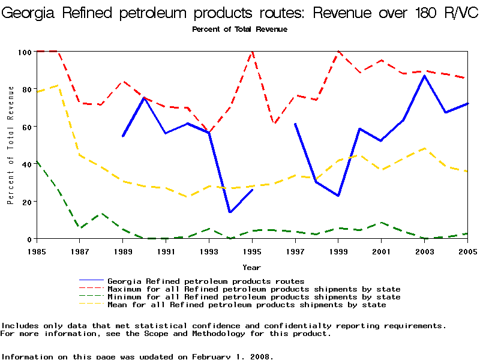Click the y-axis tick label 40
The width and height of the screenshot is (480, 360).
pyautogui.click(x=26, y=164)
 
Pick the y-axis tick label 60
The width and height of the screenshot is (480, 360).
pyautogui.click(x=26, y=127)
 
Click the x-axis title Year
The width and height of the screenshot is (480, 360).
pyautogui.click(x=251, y=267)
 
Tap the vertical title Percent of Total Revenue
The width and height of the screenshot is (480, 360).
pyautogui.click(x=10, y=145)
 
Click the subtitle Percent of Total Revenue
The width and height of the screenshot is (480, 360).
pyautogui.click(x=239, y=29)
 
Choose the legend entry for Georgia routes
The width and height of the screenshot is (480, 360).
pyautogui.click(x=206, y=281)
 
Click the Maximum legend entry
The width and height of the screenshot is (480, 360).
pyautogui.click(x=254, y=289)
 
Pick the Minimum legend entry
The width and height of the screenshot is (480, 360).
pyautogui.click(x=254, y=297)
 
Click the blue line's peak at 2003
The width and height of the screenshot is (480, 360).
pyautogui.click(x=424, y=76)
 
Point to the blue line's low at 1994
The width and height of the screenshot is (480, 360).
pyautogui.click(x=230, y=212)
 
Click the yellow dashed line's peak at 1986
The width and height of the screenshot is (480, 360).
pyautogui.click(x=58, y=85)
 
